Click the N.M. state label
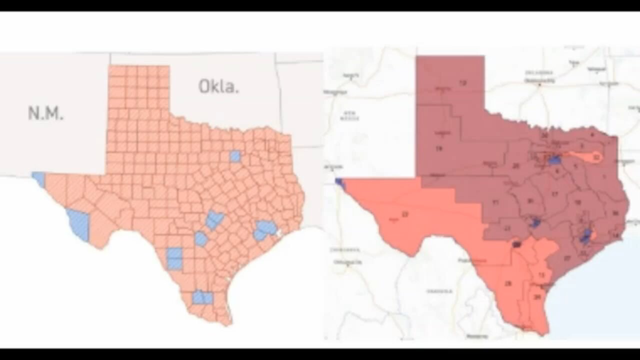click(45, 113)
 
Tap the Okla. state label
click(218, 86)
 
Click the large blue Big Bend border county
click(78, 224)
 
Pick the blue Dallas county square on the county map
click(235, 156)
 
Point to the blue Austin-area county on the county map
click(214, 219)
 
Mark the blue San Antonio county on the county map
click(201, 239)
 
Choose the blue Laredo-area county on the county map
click(174, 258)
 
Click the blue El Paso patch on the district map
click(339, 183)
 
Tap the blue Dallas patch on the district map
click(553, 160)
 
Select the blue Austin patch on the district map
click(535, 222)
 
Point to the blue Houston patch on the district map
click(585, 236)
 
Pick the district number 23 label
click(404, 214)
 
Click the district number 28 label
click(508, 283)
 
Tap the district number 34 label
click(537, 296)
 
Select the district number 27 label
click(567, 258)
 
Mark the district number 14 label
click(615, 235)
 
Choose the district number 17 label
click(555, 193)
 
